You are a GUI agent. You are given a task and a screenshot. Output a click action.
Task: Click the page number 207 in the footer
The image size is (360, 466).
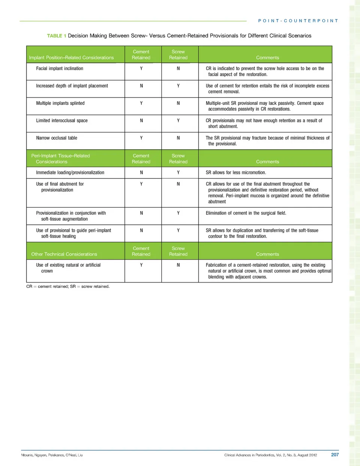[335, 455]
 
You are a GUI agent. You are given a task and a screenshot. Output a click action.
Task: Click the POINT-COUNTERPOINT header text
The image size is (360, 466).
[298, 21]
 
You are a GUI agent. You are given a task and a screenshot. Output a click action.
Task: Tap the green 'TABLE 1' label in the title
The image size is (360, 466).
[57, 36]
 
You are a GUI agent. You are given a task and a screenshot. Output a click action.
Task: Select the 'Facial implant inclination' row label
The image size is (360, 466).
[60, 69]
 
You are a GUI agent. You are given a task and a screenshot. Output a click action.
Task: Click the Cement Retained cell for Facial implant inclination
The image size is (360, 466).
[141, 69]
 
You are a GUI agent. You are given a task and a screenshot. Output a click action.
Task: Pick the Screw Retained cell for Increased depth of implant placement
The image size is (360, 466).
[178, 86]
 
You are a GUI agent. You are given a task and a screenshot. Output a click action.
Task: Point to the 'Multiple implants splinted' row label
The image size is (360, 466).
[60, 103]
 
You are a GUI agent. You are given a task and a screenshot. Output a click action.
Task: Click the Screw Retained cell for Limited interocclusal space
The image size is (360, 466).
[178, 120]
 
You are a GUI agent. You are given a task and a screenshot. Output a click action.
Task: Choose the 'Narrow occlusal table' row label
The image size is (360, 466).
[57, 138]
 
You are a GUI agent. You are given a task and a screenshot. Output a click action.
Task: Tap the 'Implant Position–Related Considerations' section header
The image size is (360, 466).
[71, 58]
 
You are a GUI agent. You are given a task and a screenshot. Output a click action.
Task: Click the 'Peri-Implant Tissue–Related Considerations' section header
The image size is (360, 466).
[60, 159]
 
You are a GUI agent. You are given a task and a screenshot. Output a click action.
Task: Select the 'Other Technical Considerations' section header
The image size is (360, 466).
[64, 254]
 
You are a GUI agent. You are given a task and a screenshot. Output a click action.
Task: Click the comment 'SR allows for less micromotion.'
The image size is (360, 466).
[236, 173]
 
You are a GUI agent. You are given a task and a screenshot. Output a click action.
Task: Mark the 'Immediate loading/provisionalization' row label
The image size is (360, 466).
[70, 173]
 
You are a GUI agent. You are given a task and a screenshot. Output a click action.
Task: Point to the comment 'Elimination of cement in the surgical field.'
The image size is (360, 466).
[246, 213]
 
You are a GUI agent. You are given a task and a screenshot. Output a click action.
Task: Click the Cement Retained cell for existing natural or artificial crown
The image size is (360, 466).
[141, 265]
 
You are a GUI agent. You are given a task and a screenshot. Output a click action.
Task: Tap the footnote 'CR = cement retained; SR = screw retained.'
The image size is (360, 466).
[68, 287]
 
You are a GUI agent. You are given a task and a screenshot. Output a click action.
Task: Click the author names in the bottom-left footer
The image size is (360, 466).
[52, 455]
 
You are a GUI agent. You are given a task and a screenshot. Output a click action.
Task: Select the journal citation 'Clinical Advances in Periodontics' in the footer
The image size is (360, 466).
[270, 455]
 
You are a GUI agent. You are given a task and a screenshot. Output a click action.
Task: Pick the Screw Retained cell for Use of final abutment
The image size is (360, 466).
[178, 184]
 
